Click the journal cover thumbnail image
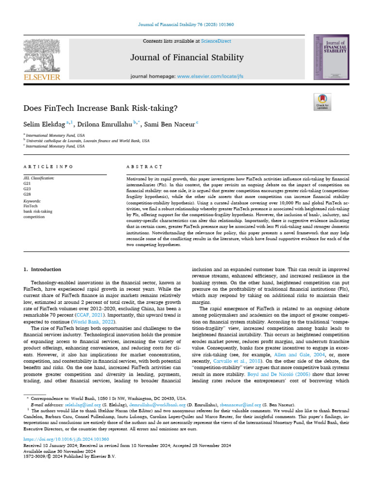coord(331,57)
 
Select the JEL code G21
coord(27,184)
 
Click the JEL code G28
coord(27,194)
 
